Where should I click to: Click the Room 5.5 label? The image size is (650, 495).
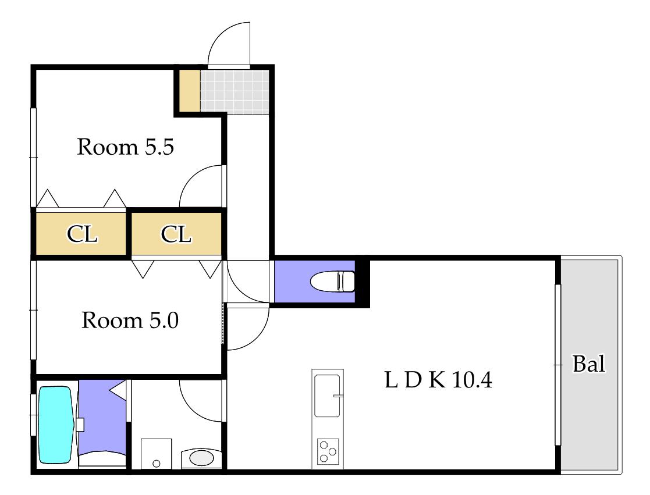[126, 147]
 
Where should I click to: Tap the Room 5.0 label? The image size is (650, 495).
[130, 320]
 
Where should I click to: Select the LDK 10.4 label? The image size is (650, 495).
[439, 379]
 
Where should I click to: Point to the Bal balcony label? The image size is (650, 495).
[589, 364]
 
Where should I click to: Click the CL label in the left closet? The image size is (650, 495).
[82, 234]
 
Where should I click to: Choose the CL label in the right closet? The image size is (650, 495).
[176, 234]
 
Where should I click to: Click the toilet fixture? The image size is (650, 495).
[333, 282]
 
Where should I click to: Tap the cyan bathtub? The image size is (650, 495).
[56, 425]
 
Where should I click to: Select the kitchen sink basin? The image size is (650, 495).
[328, 396]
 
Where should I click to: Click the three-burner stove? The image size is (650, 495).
[328, 451]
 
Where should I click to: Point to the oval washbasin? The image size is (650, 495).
[201, 458]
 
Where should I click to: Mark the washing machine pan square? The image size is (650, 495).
[157, 454]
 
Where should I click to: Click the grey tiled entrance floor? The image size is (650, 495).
[235, 91]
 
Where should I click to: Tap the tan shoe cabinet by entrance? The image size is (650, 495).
[190, 90]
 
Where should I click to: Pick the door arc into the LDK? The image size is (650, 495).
[257, 337]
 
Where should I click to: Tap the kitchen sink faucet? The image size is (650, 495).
[338, 396]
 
